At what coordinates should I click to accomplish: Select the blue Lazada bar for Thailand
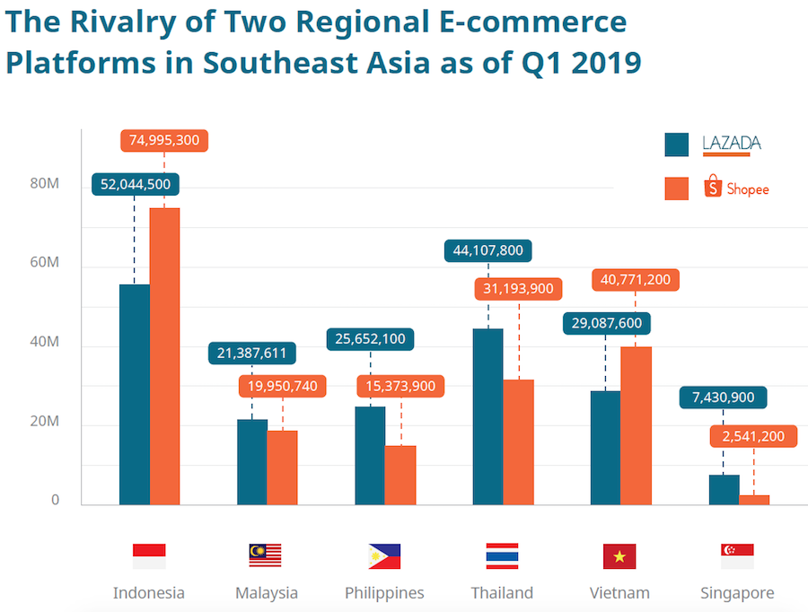click(488, 416)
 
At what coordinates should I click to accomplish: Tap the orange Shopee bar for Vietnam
click(636, 425)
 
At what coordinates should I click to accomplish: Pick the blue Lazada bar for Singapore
click(725, 489)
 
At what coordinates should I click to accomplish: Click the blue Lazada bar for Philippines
click(370, 455)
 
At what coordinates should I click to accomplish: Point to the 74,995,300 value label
click(164, 140)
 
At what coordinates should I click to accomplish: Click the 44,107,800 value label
click(488, 250)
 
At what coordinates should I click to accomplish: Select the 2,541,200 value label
click(753, 437)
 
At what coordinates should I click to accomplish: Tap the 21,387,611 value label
click(252, 354)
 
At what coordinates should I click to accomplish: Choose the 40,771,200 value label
click(636, 280)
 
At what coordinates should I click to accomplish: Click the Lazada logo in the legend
click(732, 144)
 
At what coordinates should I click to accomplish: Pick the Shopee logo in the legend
click(737, 188)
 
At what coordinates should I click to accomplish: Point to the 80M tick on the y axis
click(44, 184)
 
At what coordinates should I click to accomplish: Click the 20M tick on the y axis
click(44, 422)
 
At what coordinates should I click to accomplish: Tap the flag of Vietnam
click(619, 556)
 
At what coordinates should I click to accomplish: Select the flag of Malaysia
click(265, 556)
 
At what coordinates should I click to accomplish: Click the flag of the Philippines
click(384, 556)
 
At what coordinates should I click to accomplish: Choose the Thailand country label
click(502, 593)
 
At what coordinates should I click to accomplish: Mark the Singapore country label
click(737, 593)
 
